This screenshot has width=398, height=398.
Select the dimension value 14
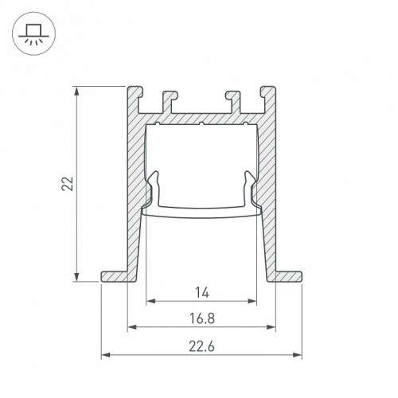coord(201,292)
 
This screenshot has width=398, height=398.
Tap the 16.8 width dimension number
coord(201,318)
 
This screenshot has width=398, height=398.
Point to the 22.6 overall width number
coord(201,345)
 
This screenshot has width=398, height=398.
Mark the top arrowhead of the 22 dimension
coord(76,90)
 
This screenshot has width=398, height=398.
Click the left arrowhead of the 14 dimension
coord(150,302)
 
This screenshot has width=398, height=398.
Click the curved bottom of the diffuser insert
coord(201,213)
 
